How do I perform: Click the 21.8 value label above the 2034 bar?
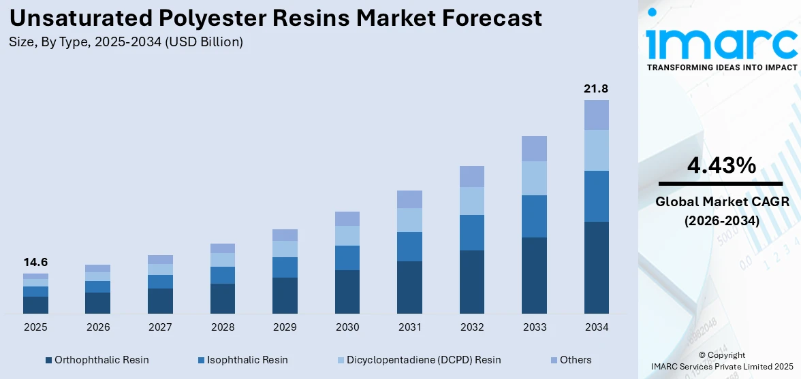[596, 88]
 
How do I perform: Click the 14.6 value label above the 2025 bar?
[35, 262]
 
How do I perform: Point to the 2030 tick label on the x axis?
[347, 327]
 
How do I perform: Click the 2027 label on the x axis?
[160, 327]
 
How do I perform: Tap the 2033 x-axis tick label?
[534, 327]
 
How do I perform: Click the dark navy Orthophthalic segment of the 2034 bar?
[596, 267]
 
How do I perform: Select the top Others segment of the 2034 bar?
[596, 115]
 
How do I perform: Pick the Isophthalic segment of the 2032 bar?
[471, 233]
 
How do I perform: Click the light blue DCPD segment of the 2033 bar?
[534, 178]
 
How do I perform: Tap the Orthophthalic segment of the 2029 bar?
[285, 295]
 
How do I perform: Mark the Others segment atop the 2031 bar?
[409, 199]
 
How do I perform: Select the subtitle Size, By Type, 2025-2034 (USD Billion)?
[126, 42]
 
